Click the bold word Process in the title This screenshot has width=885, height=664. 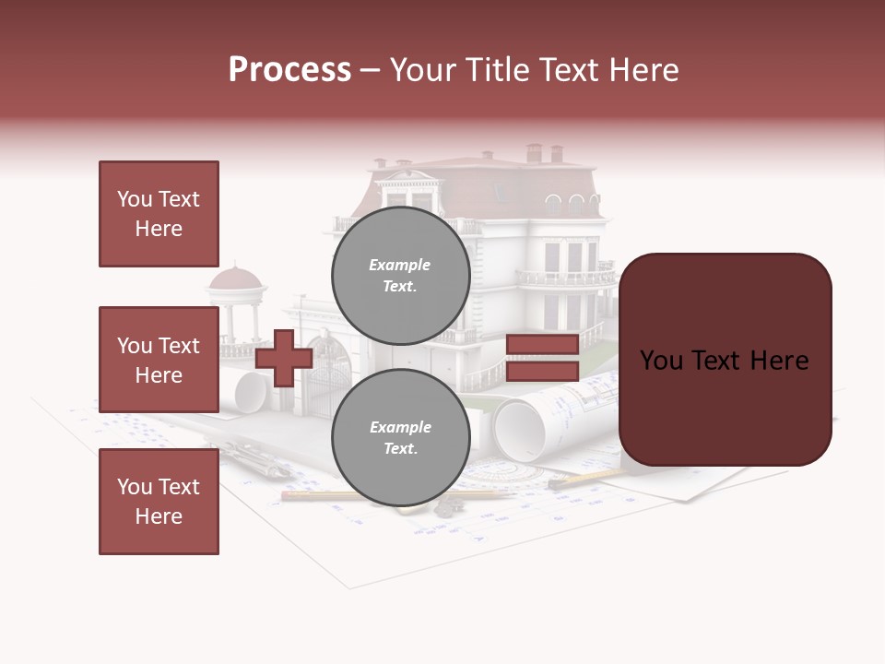[x=289, y=70]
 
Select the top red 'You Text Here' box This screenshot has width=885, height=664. [x=159, y=214]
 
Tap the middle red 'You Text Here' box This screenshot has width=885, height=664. [x=159, y=360]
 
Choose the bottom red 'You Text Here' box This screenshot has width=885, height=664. [x=159, y=502]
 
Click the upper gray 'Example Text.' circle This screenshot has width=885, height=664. [x=400, y=275]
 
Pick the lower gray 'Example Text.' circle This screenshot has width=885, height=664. [x=400, y=437]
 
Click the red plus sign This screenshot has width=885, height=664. [x=284, y=358]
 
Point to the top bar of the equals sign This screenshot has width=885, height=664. [x=542, y=345]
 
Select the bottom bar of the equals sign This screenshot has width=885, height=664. [x=542, y=371]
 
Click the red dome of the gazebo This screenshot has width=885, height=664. [x=236, y=276]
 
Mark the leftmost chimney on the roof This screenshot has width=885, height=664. [x=534, y=152]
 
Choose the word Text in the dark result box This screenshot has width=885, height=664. [x=723, y=360]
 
